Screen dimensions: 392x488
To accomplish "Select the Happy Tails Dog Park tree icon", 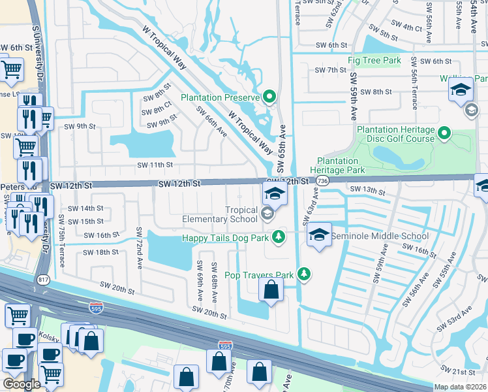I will tap(279, 236).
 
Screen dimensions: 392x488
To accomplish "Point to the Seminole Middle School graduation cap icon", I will tap(318, 235).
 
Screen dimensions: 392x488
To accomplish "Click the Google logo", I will tap(22, 384).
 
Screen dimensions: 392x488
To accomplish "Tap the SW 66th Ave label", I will tap(214, 123).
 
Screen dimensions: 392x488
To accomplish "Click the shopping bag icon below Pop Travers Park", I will tap(271, 289).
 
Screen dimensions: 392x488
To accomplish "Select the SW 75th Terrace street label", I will tap(61, 240).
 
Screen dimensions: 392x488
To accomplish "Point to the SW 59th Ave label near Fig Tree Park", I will tap(353, 95).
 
